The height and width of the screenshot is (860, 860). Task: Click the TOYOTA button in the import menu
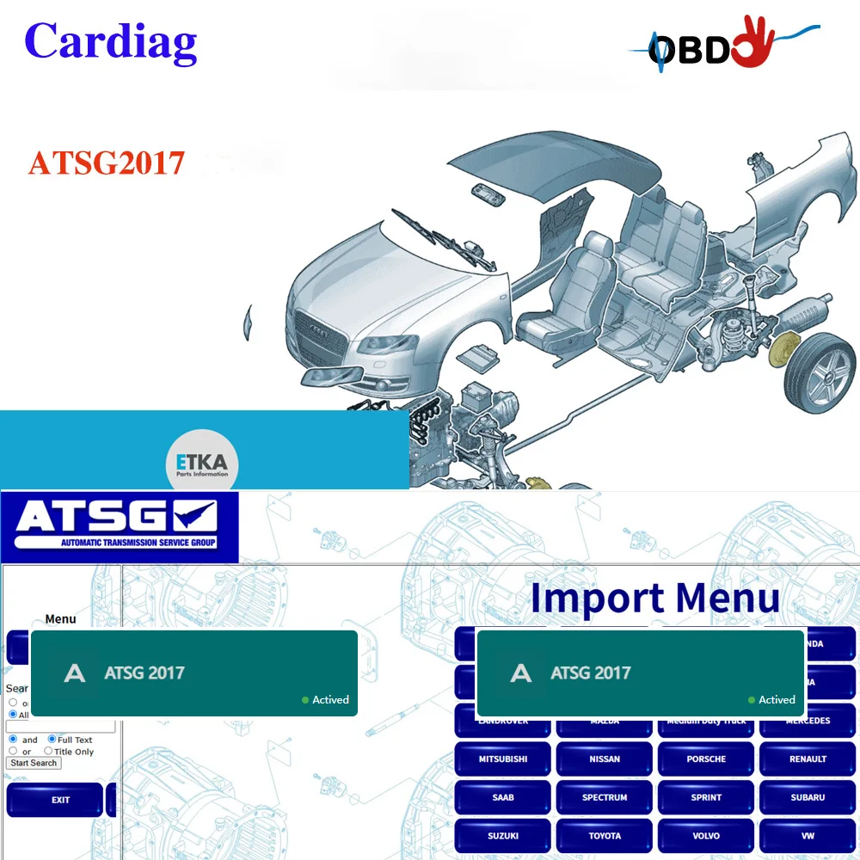click(605, 835)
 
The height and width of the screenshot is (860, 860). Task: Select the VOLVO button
click(706, 835)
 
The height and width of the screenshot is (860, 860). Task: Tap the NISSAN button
click(605, 759)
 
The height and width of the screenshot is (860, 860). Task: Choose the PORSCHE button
click(706, 759)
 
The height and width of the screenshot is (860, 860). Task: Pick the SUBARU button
click(808, 797)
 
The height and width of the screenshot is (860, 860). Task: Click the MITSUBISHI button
click(503, 759)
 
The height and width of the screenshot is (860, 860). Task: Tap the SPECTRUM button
click(605, 797)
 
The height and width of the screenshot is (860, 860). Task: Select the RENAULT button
click(808, 759)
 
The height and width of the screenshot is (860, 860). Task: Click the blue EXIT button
click(60, 800)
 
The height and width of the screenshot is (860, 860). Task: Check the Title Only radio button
click(48, 751)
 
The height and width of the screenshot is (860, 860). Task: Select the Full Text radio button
click(52, 739)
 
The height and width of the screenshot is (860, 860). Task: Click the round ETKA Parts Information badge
click(202, 465)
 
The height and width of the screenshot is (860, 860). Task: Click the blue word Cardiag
click(111, 40)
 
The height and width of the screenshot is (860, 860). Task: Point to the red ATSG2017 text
click(107, 163)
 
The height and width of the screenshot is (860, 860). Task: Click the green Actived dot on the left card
click(305, 700)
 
